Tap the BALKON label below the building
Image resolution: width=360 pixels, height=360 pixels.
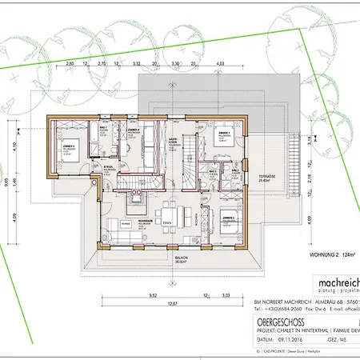182,258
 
